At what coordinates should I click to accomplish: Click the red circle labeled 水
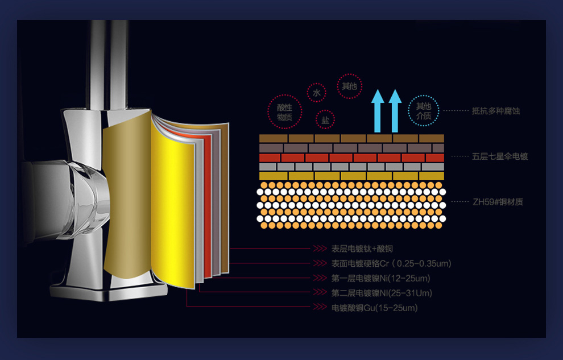[x=316, y=92]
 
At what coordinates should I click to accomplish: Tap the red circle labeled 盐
[x=325, y=119]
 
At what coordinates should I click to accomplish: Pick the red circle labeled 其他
[x=349, y=86]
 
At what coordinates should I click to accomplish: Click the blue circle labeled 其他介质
[x=424, y=111]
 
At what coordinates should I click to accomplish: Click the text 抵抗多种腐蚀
[x=496, y=111]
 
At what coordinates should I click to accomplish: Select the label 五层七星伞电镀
[x=500, y=156]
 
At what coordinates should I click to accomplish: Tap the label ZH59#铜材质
[x=498, y=202]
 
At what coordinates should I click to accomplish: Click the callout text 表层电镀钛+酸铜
[x=362, y=249]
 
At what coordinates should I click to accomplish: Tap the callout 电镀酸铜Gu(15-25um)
[x=375, y=308]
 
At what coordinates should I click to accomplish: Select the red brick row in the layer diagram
[x=351, y=158]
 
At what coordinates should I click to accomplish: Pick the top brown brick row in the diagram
[x=351, y=138]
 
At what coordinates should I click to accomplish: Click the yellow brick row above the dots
[x=351, y=176]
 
